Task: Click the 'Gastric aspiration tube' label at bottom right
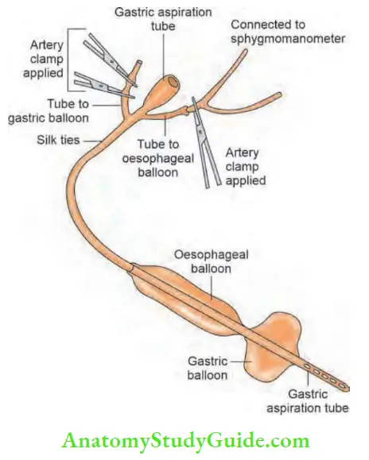pos(317,400)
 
